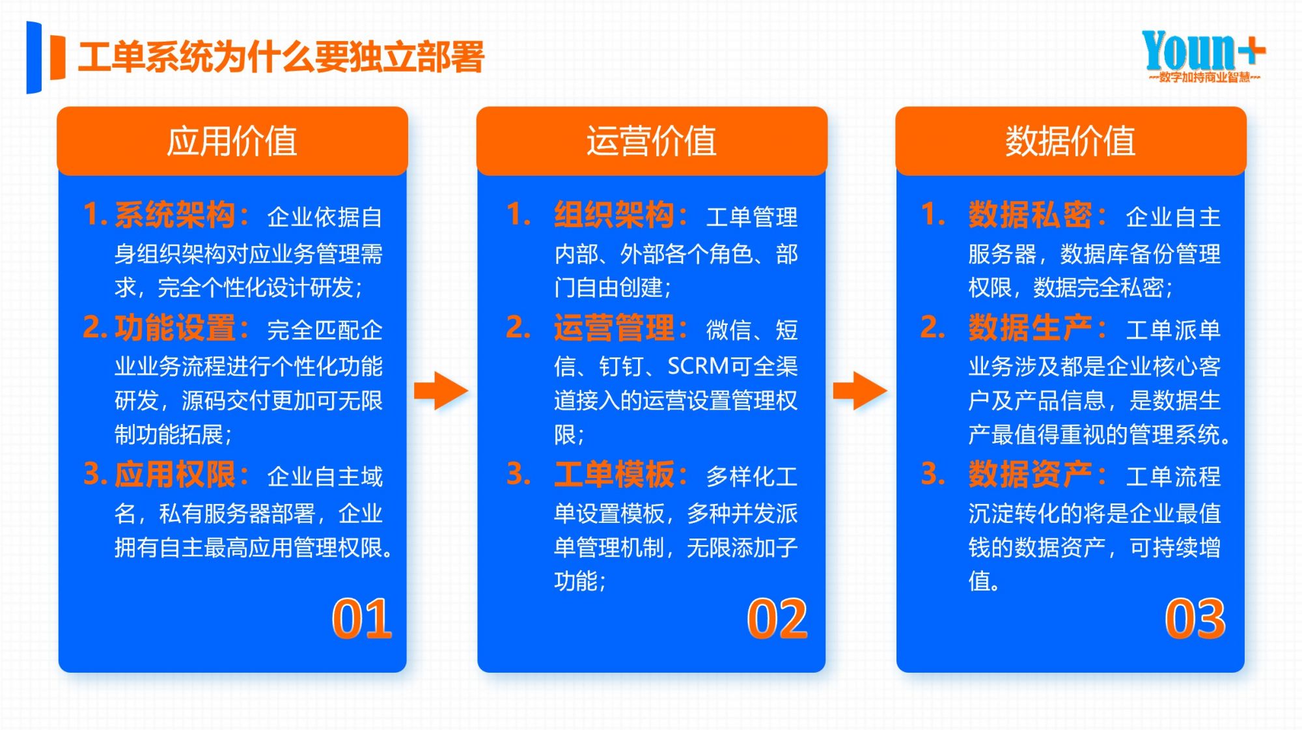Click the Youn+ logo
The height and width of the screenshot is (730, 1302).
[x=1202, y=55]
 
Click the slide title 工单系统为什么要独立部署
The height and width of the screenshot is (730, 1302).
[x=281, y=57]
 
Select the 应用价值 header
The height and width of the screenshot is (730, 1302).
[x=232, y=141]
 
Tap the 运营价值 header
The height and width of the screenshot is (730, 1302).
[x=652, y=141]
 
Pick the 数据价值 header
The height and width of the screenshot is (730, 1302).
[x=1070, y=141]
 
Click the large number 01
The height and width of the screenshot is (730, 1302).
[x=362, y=619]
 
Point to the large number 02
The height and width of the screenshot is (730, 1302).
[x=777, y=619]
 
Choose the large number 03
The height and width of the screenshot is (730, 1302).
[x=1195, y=619]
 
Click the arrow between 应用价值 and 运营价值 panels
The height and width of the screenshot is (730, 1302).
[x=441, y=391]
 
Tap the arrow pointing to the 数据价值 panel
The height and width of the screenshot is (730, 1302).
[x=860, y=391]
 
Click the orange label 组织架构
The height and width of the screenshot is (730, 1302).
[x=615, y=215]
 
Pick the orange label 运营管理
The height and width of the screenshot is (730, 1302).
[x=615, y=328]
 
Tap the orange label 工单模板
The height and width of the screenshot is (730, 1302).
[x=615, y=474]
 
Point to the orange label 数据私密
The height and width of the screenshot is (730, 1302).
[x=1030, y=215]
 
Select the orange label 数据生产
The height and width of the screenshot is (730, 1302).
[x=1030, y=328]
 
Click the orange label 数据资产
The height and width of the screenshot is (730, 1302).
[x=1030, y=474]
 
